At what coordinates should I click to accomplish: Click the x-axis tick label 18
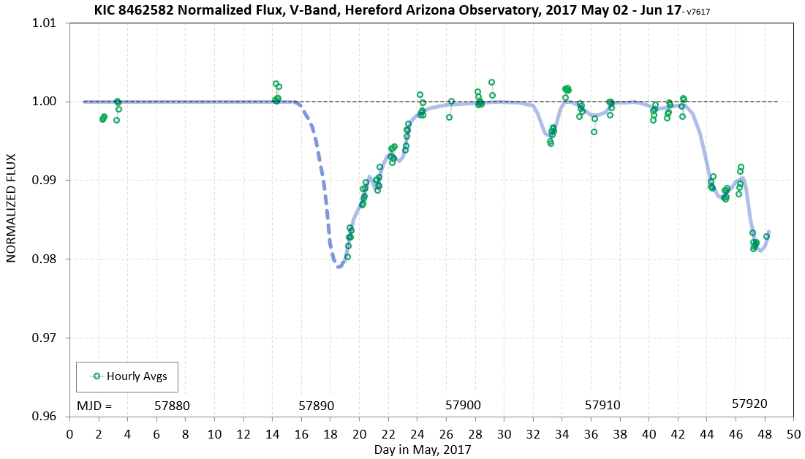click(330, 433)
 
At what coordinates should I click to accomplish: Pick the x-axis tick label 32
click(533, 433)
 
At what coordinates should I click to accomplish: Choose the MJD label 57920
click(749, 403)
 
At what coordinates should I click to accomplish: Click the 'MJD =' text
click(95, 405)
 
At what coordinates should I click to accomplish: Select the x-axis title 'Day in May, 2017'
click(422, 449)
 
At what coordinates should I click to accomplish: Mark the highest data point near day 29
click(491, 83)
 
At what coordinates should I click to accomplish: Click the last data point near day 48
click(766, 236)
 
